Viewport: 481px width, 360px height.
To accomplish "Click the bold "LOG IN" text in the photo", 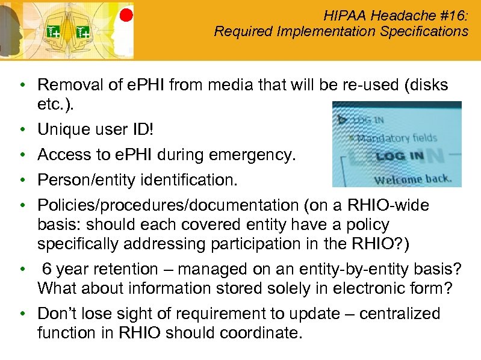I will pos(399,157).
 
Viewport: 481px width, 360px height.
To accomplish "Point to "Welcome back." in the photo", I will pos(413,179).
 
